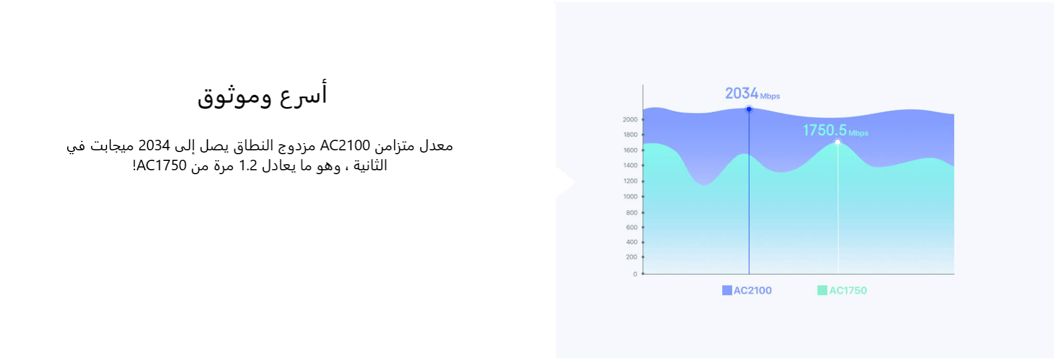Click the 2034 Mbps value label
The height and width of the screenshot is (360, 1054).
tap(752, 94)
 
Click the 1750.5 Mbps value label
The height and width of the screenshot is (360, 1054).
tap(835, 130)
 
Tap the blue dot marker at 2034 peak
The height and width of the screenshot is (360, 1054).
tap(749, 109)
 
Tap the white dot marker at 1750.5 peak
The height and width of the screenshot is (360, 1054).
tap(838, 143)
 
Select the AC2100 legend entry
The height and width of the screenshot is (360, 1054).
tap(747, 290)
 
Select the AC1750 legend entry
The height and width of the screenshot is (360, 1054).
tap(842, 290)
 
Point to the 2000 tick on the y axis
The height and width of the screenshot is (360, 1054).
tap(630, 119)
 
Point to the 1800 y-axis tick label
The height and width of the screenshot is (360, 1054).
tap(630, 135)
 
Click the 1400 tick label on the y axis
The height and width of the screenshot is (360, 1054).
tap(630, 165)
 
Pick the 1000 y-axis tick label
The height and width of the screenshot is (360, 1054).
tap(630, 196)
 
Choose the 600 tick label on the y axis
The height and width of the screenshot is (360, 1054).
tap(632, 227)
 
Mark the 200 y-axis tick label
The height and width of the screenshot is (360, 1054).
tap(632, 257)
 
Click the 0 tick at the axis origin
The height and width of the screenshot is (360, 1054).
tap(635, 274)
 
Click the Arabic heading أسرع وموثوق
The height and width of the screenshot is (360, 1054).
tap(262, 94)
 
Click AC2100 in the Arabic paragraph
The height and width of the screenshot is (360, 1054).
tap(345, 145)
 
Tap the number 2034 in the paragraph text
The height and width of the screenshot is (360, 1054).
tap(154, 145)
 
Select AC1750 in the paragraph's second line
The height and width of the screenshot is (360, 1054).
tap(161, 165)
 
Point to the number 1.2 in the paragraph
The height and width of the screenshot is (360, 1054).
tap(248, 165)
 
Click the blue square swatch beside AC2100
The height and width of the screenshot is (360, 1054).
tap(727, 290)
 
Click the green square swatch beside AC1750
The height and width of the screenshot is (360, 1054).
tap(822, 290)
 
